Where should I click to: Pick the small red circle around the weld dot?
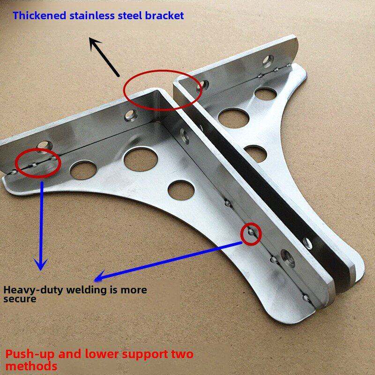[250, 232]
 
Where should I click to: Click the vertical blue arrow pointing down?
[42, 225]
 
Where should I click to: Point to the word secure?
[20, 299]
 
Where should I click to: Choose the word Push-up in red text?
[31, 353]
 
